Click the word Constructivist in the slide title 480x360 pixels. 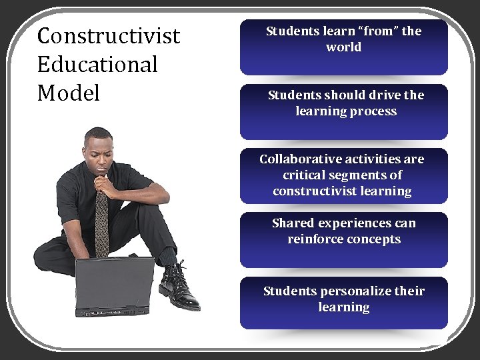109,36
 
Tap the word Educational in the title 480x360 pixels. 97,65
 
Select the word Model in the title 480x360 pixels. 69,93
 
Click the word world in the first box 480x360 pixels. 344,47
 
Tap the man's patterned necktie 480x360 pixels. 101,223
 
